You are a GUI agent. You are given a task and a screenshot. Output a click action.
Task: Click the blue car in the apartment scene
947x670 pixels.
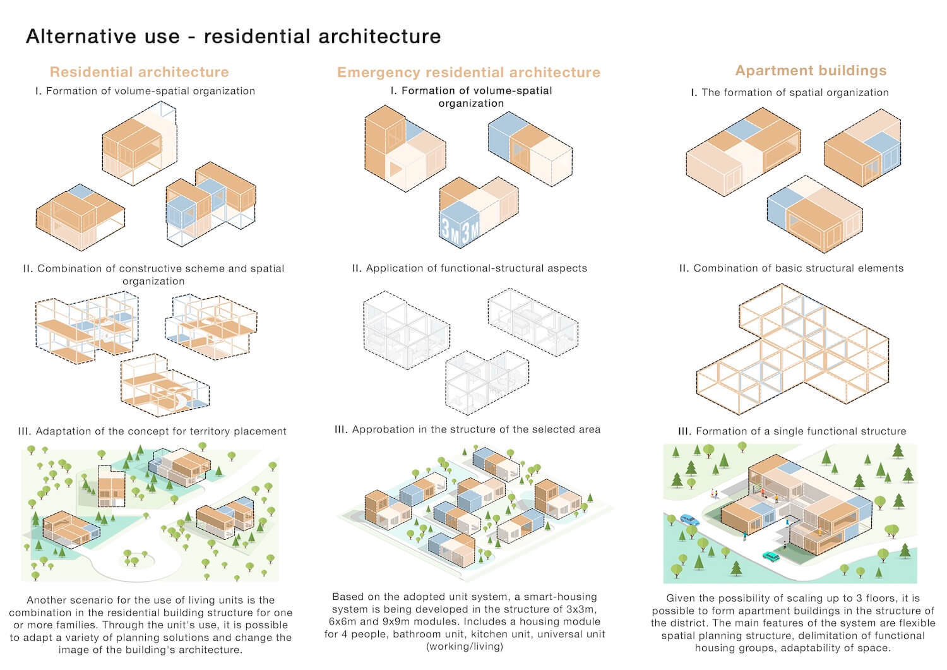pos(689,520)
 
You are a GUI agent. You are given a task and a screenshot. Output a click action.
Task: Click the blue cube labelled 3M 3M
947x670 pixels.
pos(460,225)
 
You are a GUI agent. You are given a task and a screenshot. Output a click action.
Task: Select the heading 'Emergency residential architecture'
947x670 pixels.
pos(468,73)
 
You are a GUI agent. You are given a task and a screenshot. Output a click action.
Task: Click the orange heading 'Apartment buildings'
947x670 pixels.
pos(811,71)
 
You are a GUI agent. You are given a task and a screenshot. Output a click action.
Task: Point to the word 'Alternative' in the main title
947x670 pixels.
pos(82,37)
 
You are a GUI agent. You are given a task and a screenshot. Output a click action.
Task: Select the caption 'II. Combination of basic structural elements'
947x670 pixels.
pos(792,268)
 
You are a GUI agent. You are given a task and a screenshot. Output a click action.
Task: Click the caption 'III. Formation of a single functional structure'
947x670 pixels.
pos(792,431)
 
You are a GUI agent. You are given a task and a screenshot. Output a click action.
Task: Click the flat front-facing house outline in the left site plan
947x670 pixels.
pos(111,486)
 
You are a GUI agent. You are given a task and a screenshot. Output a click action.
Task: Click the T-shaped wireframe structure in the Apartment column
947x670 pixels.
pos(792,349)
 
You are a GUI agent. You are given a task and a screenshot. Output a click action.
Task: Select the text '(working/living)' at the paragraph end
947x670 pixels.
pos(465,646)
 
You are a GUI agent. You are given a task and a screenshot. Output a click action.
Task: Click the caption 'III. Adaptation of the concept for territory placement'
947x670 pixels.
pos(152,431)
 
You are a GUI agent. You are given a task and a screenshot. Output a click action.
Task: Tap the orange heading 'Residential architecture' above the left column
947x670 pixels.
pos(140,72)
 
